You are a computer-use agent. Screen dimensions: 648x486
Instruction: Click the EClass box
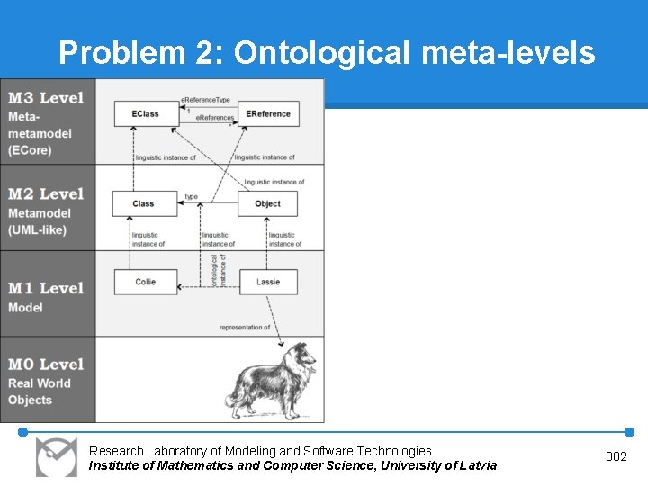pos(145,113)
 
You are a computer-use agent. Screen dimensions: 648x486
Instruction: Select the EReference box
pos(267,113)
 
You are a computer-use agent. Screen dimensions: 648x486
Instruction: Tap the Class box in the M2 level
pos(144,203)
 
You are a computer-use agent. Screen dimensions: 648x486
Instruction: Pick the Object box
pos(267,203)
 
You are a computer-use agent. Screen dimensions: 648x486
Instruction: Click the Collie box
pos(145,282)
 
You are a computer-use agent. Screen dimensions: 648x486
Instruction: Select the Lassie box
pos(267,282)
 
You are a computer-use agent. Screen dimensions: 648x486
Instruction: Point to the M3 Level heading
pos(46,98)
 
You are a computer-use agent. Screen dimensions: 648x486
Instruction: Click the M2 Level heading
pos(46,193)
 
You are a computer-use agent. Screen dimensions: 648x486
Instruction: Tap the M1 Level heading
pos(46,288)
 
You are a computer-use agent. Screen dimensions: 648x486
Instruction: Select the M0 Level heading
pos(46,364)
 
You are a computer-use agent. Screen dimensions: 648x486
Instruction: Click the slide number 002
pos(616,457)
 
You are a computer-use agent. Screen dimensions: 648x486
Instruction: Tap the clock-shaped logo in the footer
pos(56,456)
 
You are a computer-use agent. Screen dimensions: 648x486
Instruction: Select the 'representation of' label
pos(245,328)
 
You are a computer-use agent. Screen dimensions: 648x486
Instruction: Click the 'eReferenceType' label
pos(206,98)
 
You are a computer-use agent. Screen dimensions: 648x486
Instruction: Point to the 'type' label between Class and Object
pos(191,196)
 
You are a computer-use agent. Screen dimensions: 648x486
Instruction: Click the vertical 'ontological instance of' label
pos(219,270)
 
